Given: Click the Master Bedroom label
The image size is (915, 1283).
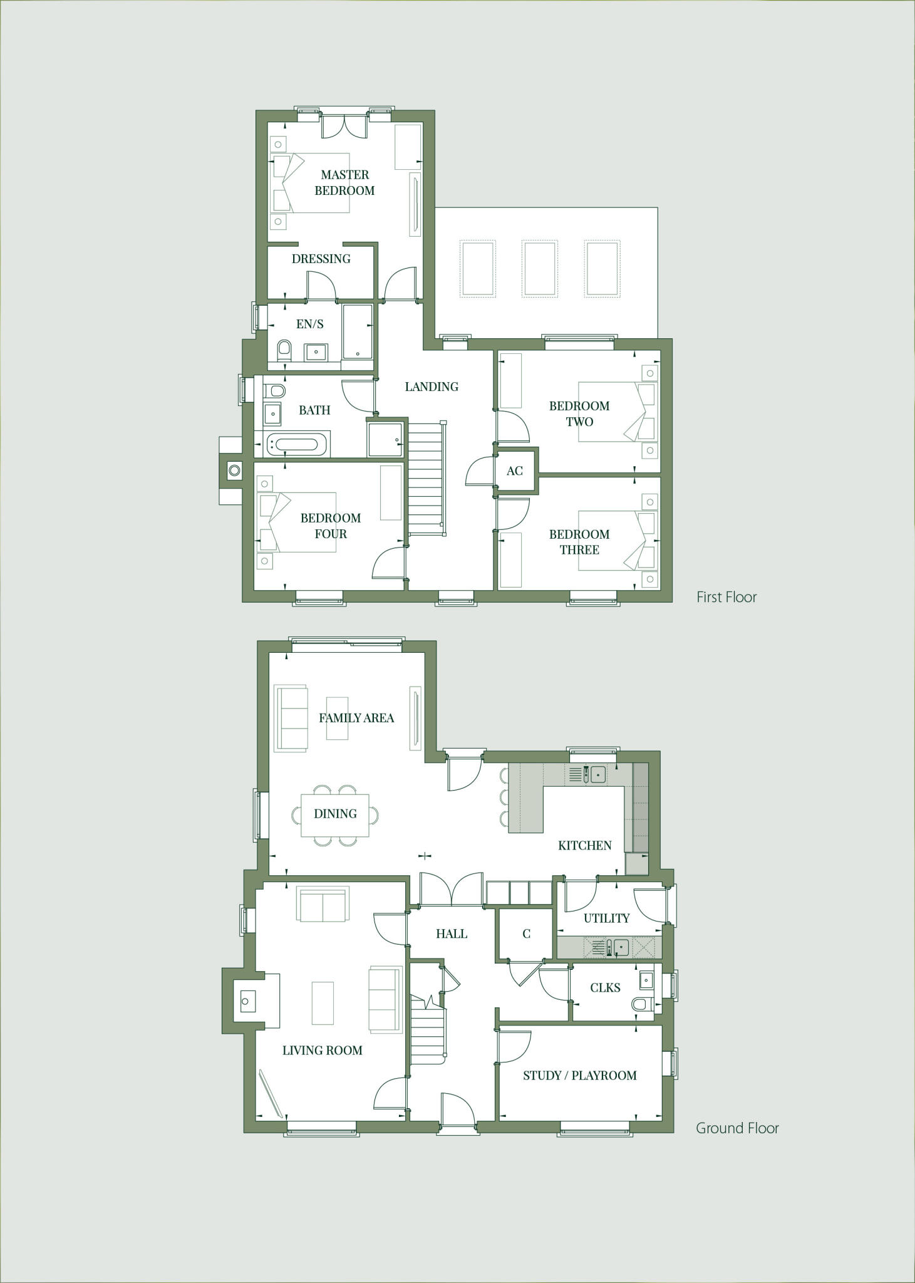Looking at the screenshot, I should point(344,182).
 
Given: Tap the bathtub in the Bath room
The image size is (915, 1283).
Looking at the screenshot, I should point(296,444).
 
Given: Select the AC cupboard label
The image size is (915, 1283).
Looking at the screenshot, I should point(514,471).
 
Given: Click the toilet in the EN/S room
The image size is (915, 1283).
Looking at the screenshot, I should point(284,350).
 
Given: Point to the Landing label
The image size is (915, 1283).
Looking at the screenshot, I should point(431,387).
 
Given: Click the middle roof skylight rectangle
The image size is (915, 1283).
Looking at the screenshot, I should point(539,268).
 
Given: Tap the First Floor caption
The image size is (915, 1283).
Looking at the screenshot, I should point(726,597).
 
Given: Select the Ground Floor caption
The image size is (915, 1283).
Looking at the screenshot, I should point(737,1128).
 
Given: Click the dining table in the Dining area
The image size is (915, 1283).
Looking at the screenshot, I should point(335,814).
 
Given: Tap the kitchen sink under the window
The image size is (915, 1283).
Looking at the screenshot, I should point(597,775).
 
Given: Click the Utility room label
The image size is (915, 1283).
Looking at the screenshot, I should point(606,918).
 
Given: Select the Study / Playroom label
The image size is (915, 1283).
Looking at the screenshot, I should point(579,1076).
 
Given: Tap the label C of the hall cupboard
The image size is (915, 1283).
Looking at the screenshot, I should point(526,934).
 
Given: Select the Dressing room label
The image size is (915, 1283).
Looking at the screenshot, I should point(321,259).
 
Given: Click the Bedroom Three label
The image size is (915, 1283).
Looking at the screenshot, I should point(579,542).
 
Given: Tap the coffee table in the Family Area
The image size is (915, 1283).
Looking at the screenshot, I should point(337,718).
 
